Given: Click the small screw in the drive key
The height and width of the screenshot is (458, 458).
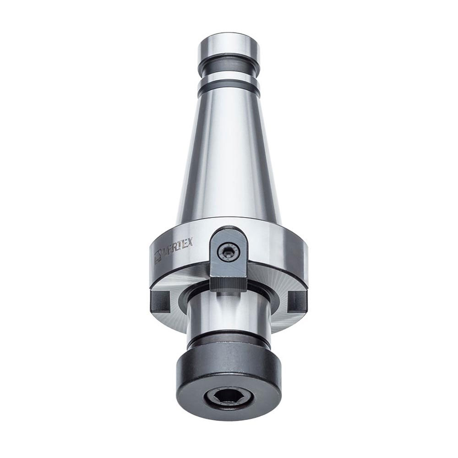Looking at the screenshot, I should (x=228, y=250).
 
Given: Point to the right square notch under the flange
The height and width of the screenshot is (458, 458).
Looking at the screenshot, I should (x=295, y=300).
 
